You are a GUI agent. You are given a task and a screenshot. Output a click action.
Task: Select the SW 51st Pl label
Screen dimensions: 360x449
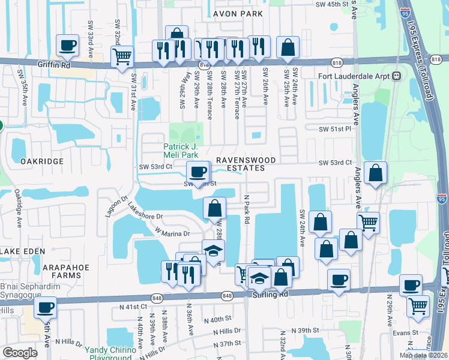(335, 129)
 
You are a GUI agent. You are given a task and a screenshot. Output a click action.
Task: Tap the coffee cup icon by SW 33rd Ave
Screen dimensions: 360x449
(67, 45)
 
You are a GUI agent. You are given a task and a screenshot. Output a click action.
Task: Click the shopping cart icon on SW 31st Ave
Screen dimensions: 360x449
(122, 57)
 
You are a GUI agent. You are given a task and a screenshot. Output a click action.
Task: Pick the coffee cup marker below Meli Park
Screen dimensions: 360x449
(198, 173)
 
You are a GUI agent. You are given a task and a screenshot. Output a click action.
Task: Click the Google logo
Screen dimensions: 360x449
(20, 353)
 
